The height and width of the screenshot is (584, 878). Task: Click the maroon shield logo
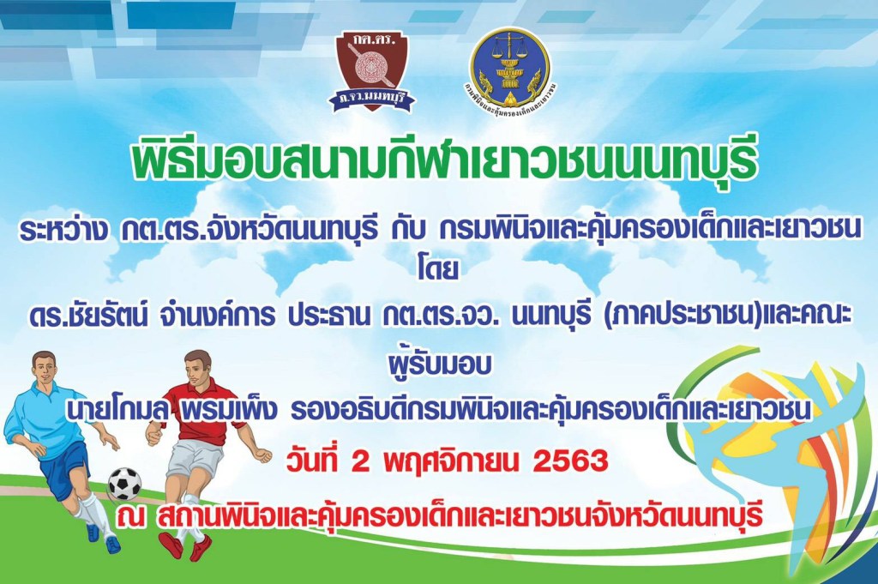click(x=372, y=70)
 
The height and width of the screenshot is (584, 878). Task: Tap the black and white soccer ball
click(x=125, y=483)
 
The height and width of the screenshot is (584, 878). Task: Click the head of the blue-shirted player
click(x=45, y=366)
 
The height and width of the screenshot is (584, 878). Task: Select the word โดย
click(x=438, y=270)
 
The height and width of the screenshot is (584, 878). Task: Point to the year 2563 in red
click(x=570, y=461)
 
